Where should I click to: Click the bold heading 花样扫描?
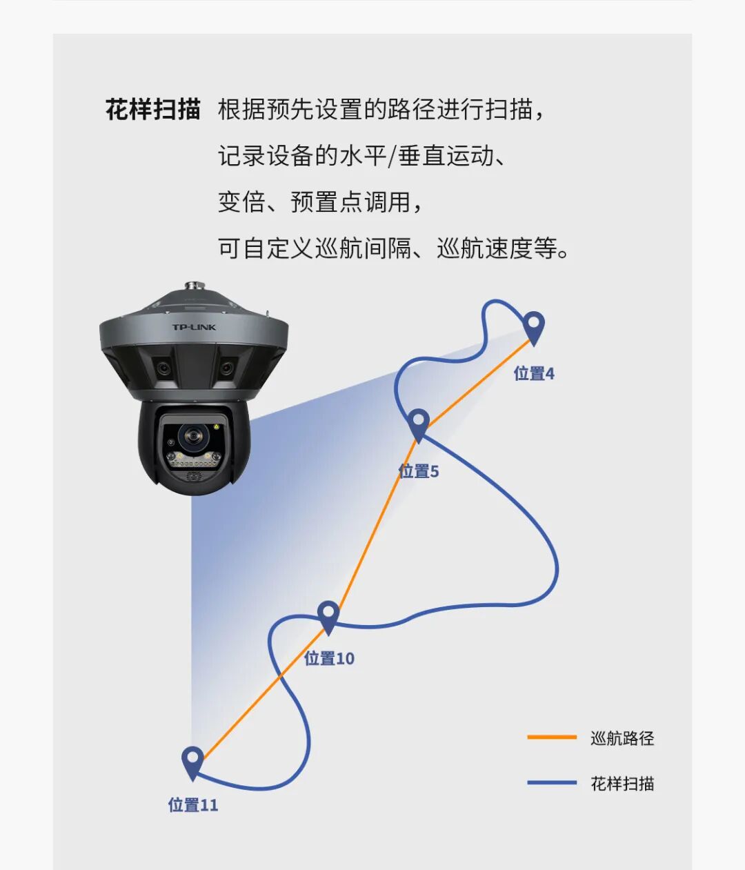coord(152,110)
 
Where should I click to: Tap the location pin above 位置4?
coord(533,326)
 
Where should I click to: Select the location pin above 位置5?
coord(418,423)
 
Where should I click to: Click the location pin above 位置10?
coord(328,615)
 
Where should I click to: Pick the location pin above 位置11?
coord(192,761)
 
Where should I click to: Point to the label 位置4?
coord(534,374)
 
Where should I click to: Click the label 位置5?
coord(418,472)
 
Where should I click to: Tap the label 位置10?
coord(329,659)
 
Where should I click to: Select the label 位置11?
coord(193,805)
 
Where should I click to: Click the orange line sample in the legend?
coord(552,738)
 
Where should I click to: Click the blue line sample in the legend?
coord(552,783)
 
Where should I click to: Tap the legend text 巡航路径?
coord(622,738)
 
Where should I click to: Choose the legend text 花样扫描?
coord(622,784)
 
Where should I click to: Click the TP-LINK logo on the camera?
coord(194,327)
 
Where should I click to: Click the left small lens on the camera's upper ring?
coord(163,368)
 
